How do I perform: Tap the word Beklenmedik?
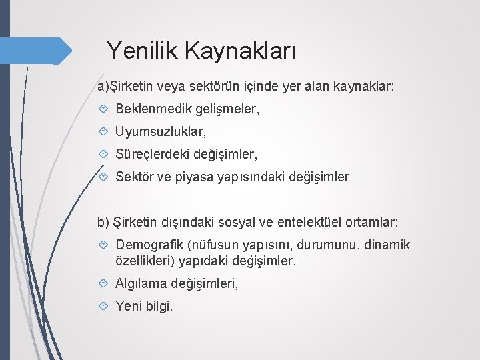[x=153, y=109]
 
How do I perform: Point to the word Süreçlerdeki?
[x=152, y=155]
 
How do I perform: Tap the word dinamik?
[x=385, y=245]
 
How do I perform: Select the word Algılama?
[x=141, y=284]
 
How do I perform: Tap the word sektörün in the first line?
[x=195, y=87]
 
